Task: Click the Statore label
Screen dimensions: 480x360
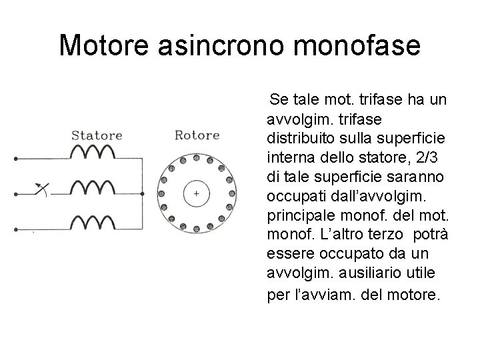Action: [x=97, y=135]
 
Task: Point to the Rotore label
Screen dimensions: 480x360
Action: [x=197, y=135]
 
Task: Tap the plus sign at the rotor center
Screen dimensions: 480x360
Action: [x=197, y=193]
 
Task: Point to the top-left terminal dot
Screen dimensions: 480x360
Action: [x=15, y=160]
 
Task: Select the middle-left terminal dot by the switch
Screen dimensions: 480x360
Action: [x=15, y=195]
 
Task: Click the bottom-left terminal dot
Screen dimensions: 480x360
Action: [x=15, y=226]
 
